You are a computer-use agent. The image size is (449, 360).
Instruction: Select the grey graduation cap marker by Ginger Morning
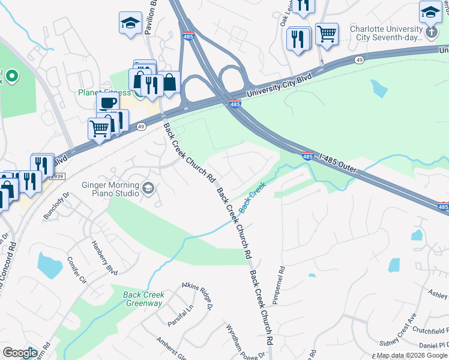point(148,190)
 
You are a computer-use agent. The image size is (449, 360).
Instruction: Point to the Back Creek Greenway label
point(143,299)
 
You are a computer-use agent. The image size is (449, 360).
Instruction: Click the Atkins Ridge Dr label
point(199,296)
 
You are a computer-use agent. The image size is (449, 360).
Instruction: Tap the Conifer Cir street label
point(77,271)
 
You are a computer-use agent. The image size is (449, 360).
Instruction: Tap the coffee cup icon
point(107,103)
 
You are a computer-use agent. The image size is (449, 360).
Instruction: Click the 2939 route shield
point(56,176)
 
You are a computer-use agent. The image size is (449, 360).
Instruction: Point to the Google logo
point(20,353)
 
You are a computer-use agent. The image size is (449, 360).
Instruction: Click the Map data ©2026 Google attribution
point(412,355)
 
